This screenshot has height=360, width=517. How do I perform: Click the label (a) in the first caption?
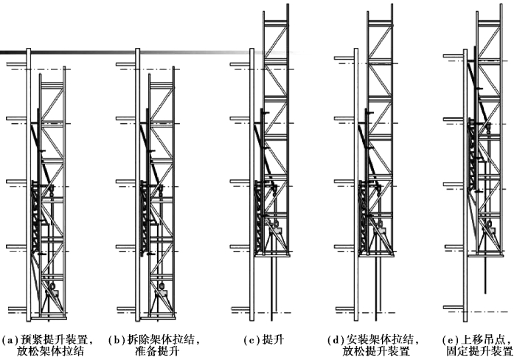[x=9, y=340]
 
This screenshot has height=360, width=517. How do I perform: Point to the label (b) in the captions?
[x=116, y=340]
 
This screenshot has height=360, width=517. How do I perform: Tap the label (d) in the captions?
[x=335, y=340]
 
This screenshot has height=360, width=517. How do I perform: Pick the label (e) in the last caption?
[x=450, y=340]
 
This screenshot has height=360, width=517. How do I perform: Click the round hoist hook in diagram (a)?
[x=51, y=286]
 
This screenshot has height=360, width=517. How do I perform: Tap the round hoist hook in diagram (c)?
[x=274, y=224]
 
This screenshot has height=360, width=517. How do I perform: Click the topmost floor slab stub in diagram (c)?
[x=240, y=64]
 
